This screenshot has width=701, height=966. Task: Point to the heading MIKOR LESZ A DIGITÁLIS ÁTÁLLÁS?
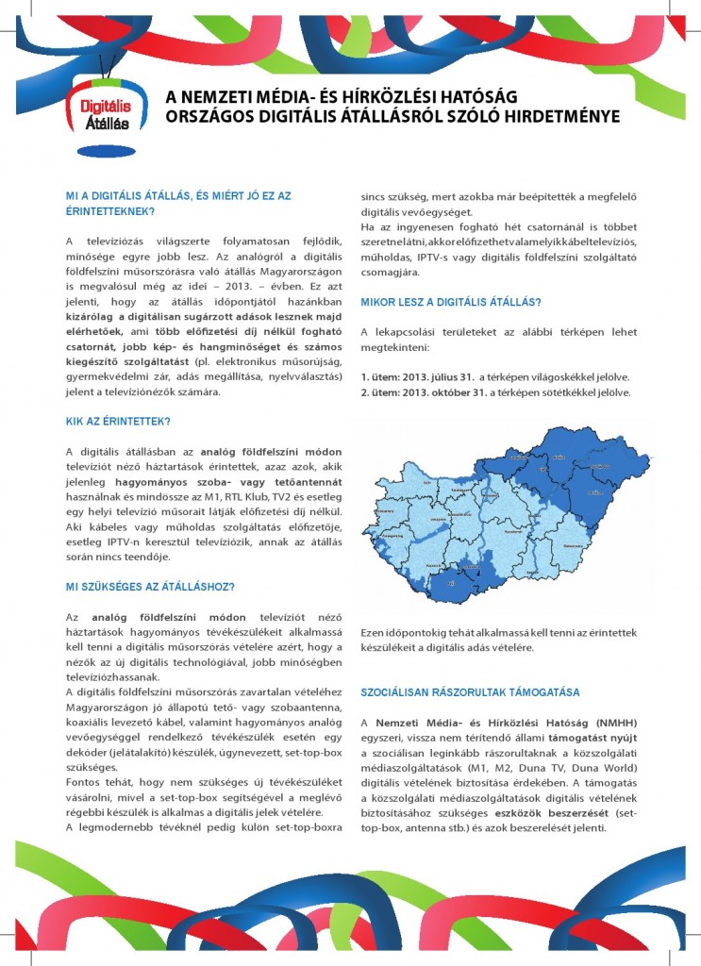pyautogui.click(x=451, y=302)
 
